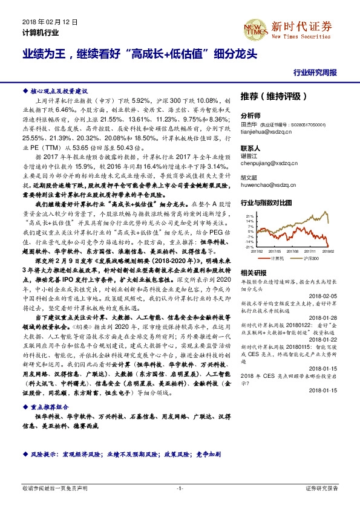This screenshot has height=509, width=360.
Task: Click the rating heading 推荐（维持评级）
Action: point(269,96)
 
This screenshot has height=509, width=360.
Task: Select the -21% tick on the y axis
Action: point(249,246)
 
